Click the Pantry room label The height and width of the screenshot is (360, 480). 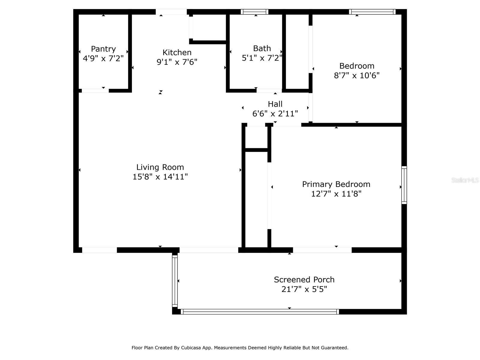(x=103, y=49)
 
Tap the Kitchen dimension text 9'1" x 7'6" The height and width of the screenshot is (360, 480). (x=177, y=62)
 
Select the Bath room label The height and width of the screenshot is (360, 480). (x=262, y=48)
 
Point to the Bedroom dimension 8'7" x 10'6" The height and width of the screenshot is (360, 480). (x=357, y=76)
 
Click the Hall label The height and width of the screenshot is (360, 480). (x=275, y=104)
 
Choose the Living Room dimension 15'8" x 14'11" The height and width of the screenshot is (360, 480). (x=160, y=177)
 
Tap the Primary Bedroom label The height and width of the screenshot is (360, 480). (x=336, y=184)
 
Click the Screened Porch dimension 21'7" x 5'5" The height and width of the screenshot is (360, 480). (x=304, y=289)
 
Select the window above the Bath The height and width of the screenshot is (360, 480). (x=254, y=12)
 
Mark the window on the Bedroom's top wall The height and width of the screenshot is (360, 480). (x=372, y=12)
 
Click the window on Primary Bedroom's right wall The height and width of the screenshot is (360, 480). (x=404, y=185)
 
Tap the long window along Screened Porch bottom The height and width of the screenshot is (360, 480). (x=260, y=312)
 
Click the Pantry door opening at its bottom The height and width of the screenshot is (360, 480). (x=95, y=91)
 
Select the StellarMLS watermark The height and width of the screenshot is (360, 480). (x=465, y=180)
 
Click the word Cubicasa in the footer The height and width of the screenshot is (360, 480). (x=191, y=348)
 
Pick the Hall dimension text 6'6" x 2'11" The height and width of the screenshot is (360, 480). (x=275, y=114)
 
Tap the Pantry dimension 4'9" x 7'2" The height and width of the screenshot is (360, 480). (x=103, y=58)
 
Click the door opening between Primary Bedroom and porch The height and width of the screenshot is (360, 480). (x=322, y=250)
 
